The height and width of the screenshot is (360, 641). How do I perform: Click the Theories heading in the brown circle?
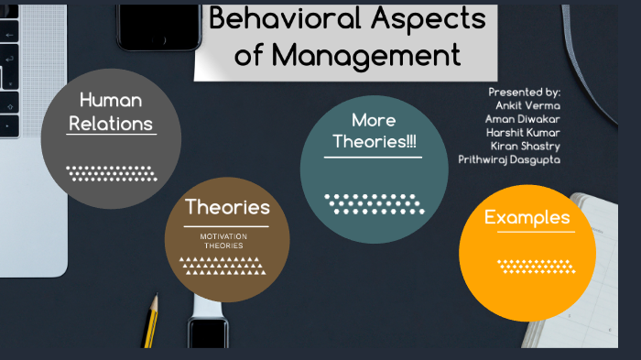227,208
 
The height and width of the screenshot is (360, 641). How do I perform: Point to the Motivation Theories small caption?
224,241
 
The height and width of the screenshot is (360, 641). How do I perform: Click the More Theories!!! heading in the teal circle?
374,131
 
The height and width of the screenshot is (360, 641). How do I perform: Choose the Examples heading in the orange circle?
527,218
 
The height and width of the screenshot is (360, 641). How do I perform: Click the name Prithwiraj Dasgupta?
510,159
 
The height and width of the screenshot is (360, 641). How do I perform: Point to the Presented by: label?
525,93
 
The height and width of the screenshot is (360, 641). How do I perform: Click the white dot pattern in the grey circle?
110,172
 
